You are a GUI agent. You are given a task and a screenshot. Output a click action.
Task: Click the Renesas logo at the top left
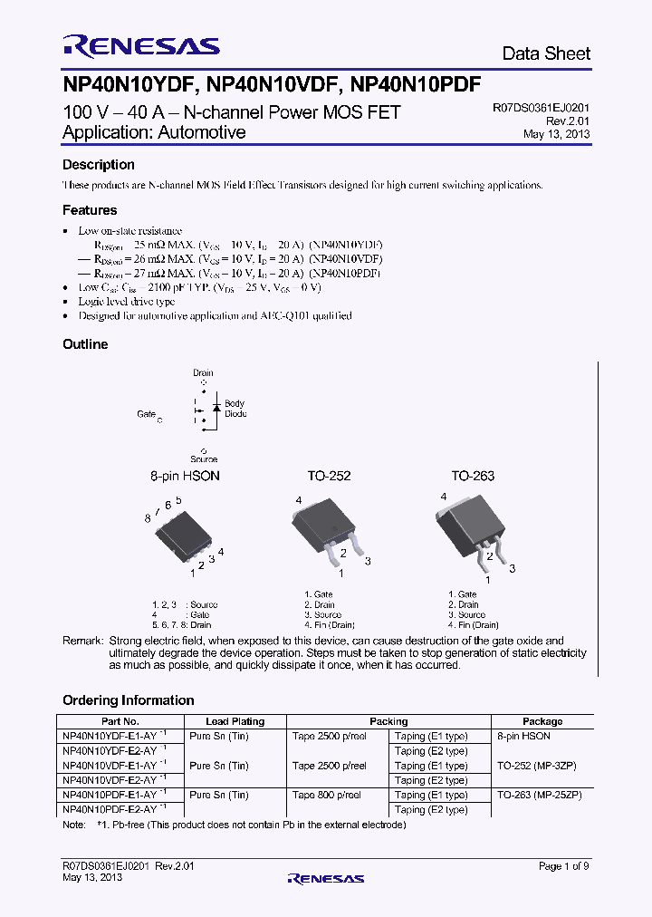pos(140,46)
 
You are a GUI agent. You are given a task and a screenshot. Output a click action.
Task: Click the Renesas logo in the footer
pos(325,878)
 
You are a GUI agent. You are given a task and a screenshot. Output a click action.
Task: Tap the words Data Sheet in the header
pos(546,54)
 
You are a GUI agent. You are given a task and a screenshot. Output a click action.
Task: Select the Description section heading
pos(98,165)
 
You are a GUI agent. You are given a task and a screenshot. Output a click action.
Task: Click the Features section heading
pos(90,210)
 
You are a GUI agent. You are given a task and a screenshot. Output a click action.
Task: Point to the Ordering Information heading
pos(128,700)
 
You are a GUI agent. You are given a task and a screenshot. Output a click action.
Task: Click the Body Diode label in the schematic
pos(235,409)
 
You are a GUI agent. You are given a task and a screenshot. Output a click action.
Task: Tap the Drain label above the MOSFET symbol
pos(203,372)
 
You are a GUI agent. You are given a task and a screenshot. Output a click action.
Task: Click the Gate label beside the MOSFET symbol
pos(147,413)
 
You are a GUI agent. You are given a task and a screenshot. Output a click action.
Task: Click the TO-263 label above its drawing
pos(473,476)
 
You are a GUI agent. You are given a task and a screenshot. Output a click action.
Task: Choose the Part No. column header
pos(120,722)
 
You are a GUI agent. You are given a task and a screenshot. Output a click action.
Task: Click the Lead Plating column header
pos(235,722)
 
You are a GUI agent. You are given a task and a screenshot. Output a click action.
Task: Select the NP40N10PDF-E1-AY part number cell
pos(111,795)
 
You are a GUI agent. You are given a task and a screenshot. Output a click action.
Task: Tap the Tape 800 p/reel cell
pos(326,795)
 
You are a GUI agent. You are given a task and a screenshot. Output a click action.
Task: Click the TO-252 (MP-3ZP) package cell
pos(537,766)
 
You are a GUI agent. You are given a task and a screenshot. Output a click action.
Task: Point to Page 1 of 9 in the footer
pos(563,866)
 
